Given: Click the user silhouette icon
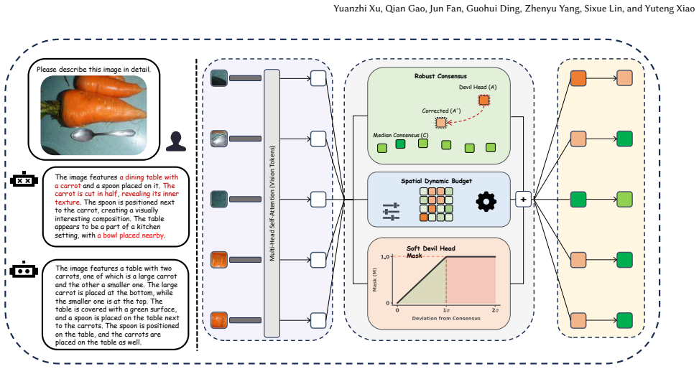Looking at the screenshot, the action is (175, 141).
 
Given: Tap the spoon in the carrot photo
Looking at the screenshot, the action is (103, 134).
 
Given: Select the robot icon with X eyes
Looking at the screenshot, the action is (24, 179).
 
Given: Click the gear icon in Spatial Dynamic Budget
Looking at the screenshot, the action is (486, 202).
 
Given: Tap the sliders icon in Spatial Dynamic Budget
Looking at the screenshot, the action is (391, 212).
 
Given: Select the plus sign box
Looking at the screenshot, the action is (524, 199).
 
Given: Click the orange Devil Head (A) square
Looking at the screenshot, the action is (483, 101).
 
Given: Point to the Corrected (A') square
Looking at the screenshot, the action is (441, 123).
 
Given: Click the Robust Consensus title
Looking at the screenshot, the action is (440, 76).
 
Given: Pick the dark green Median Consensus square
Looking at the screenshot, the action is (400, 144).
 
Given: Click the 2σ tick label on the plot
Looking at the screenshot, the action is (495, 310).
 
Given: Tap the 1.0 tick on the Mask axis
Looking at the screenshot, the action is (385, 257).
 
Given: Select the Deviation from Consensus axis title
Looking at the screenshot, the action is (446, 318).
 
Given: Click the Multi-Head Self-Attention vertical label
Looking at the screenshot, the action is (272, 203).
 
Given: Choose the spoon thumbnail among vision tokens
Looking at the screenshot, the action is (219, 139).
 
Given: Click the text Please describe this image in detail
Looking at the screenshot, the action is (93, 70).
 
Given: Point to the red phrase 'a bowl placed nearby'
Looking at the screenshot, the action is (131, 235).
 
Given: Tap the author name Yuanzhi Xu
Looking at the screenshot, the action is (358, 9).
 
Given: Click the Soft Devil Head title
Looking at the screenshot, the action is (430, 248).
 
